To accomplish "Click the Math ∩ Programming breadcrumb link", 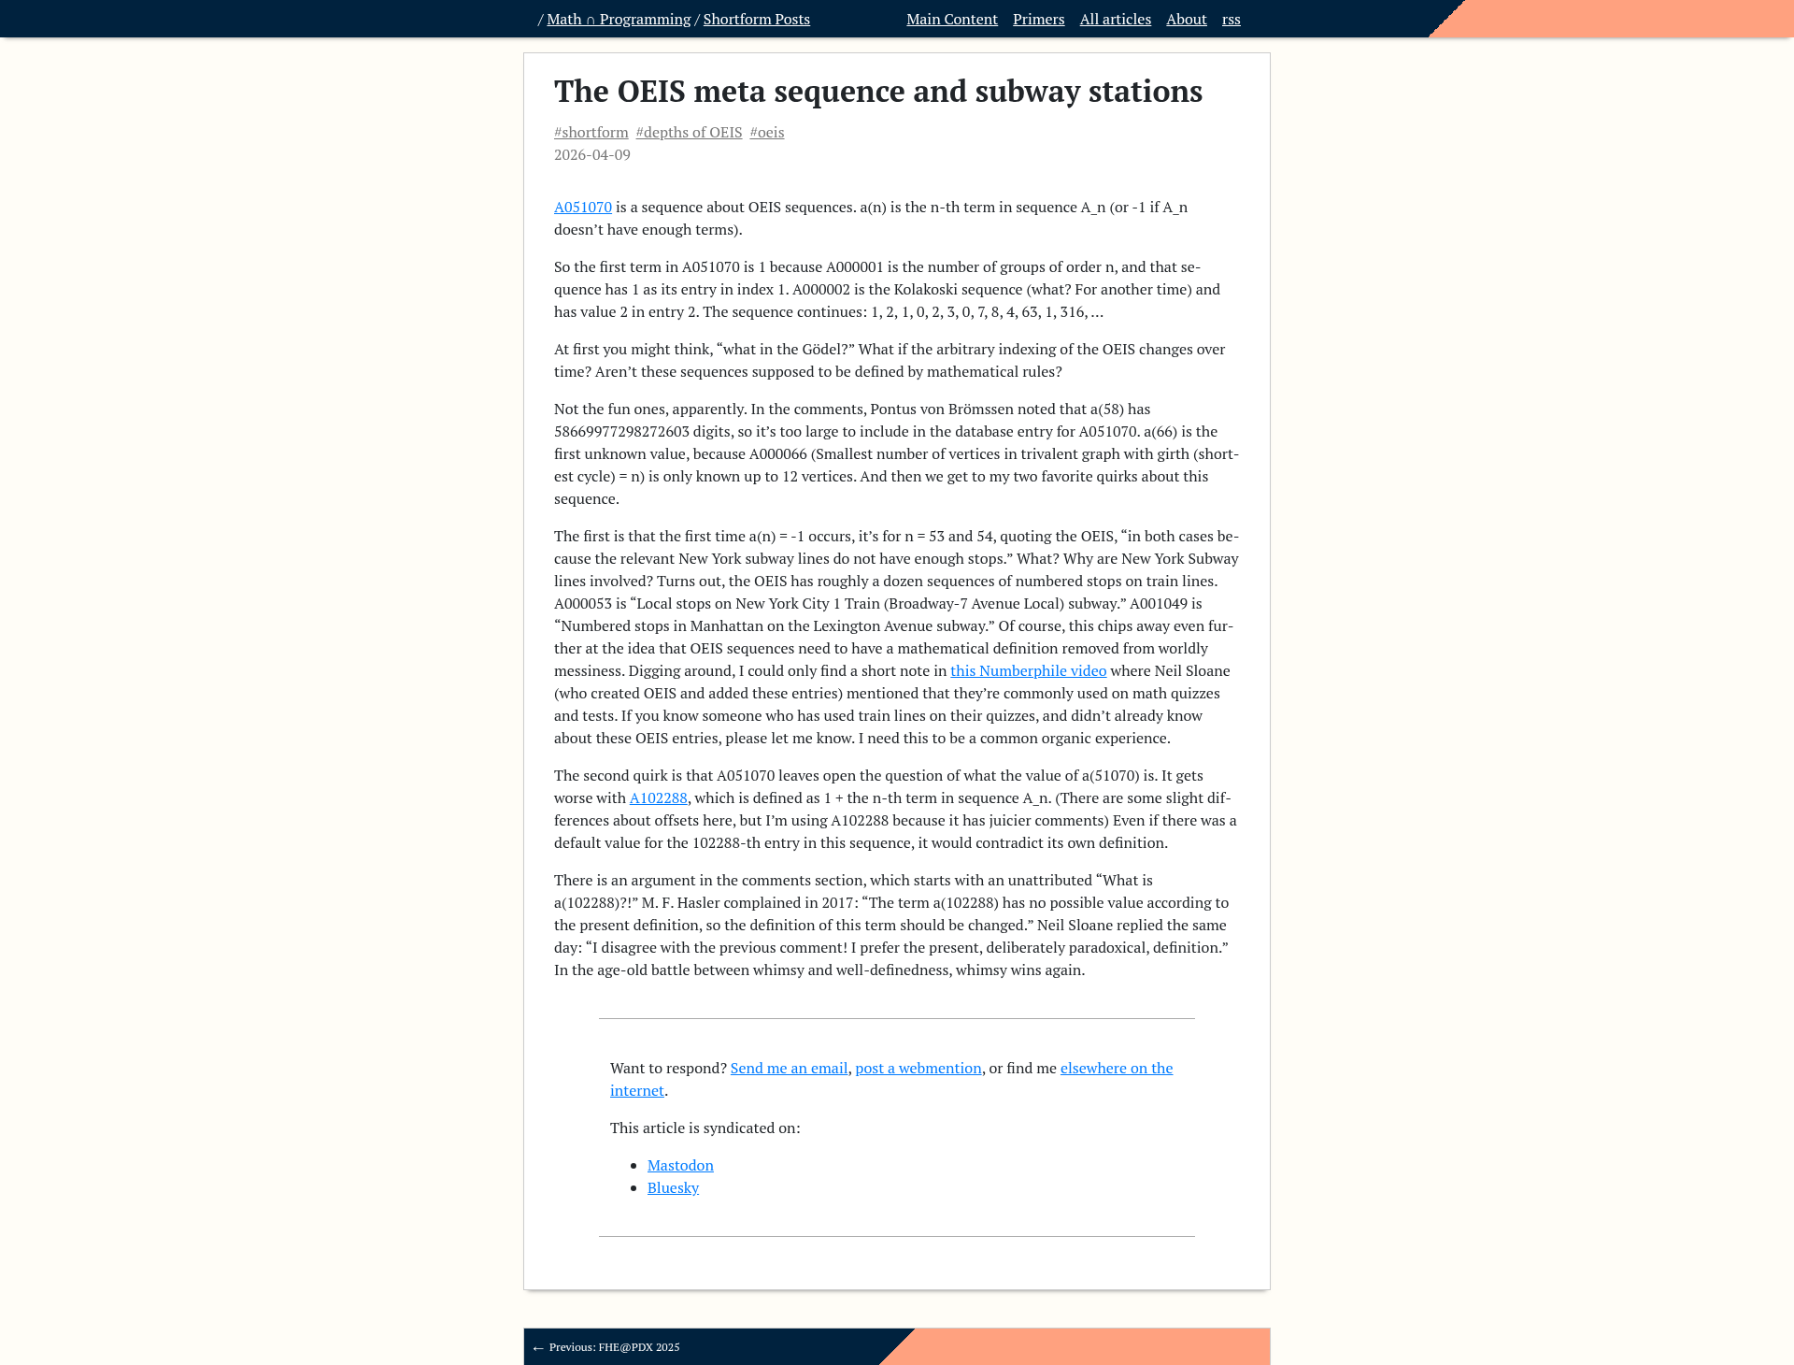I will coord(619,20).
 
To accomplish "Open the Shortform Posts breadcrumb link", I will coord(756,20).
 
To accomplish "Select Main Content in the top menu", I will coord(951,20).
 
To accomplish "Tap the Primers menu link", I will coord(1038,20).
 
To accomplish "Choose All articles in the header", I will coord(1115,20).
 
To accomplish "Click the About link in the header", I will coord(1186,20).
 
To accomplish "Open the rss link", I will coord(1231,20).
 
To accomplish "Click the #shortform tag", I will coord(591,133).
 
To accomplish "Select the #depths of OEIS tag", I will coord(689,133).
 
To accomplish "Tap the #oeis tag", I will coord(766,133).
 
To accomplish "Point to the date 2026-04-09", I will coord(591,155).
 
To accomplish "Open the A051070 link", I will coord(582,208).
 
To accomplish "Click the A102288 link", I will coord(658,798).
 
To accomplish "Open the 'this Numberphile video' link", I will coord(1028,671).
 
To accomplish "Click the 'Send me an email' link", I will coord(789,1069).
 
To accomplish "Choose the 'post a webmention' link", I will coord(918,1069).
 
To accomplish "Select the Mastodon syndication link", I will coord(680,1166).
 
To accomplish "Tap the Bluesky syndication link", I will coord(673,1188).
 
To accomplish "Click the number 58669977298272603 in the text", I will coord(621,432).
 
